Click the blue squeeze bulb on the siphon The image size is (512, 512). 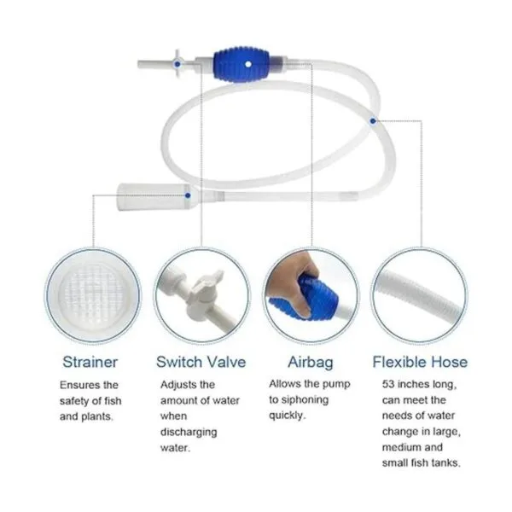click(241, 64)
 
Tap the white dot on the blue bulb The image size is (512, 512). click(248, 64)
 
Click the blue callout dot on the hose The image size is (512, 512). click(373, 121)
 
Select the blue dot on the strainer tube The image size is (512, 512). click(188, 195)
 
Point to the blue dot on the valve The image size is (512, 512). click(177, 64)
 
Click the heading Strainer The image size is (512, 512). click(90, 362)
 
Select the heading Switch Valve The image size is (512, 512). click(201, 362)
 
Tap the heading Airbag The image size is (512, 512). click(311, 363)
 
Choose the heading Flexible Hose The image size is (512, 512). click(420, 362)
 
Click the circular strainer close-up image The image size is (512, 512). click(93, 295)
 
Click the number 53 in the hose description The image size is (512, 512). click(388, 384)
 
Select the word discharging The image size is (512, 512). click(189, 433)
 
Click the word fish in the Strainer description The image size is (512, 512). click(113, 401)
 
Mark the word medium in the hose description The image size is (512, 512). click(402, 447)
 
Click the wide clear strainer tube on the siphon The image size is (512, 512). click(154, 197)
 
